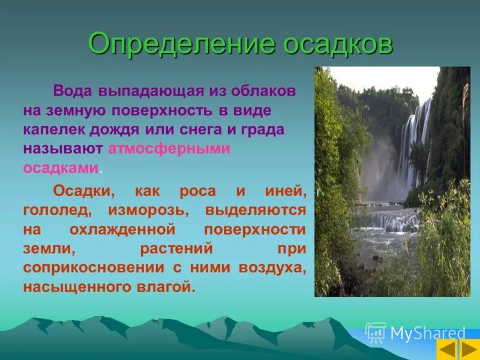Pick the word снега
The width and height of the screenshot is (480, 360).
coord(203,130)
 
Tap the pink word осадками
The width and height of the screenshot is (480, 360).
coord(61,167)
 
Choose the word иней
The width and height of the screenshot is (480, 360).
coord(284,193)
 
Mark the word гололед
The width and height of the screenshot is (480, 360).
coord(57,211)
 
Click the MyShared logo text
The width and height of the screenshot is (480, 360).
coord(427,333)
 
